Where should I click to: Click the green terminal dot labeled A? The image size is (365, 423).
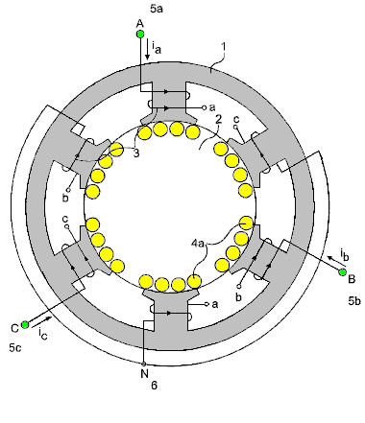(140, 34)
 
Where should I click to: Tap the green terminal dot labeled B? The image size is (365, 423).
(343, 272)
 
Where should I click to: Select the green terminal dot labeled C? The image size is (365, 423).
(25, 325)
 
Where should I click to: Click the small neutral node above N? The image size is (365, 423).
(144, 364)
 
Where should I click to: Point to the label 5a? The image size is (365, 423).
(157, 9)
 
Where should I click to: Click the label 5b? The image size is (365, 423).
(354, 300)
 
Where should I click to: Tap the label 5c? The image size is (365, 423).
(15, 347)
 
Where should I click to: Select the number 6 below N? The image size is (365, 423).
(154, 386)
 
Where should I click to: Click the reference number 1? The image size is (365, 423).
(224, 47)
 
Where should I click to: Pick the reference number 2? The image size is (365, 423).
(219, 119)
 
